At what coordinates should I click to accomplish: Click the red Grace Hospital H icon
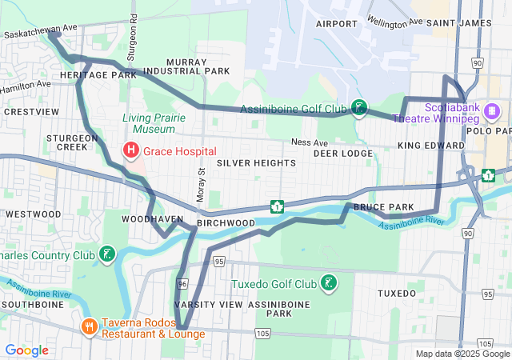[129, 150]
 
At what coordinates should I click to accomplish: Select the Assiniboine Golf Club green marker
[360, 108]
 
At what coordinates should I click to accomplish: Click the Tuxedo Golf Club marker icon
[327, 283]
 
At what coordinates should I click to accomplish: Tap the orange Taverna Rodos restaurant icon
[90, 326]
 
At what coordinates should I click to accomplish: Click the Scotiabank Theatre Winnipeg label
[458, 112]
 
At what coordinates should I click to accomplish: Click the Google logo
[26, 350]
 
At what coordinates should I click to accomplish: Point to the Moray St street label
[202, 184]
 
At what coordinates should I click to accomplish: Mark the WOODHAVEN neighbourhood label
[147, 218]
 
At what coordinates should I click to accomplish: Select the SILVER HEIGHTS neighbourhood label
[255, 162]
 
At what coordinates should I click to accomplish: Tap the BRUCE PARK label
[383, 207]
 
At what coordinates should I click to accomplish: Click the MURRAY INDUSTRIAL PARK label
[198, 66]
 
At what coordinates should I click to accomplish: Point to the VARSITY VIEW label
[208, 305]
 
